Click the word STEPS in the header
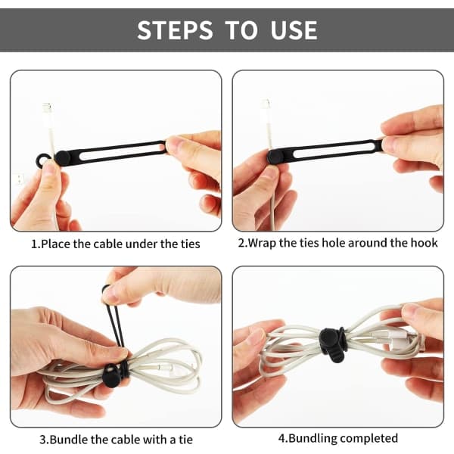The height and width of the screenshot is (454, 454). point(175,30)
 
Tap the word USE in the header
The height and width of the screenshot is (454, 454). point(294,30)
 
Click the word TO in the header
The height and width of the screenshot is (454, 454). point(241,30)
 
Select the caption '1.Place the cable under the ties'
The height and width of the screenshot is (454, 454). point(116,244)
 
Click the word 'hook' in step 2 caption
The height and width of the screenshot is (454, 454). point(424,243)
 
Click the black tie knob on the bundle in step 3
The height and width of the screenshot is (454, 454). point(110,376)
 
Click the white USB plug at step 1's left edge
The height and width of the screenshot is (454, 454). point(19,179)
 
